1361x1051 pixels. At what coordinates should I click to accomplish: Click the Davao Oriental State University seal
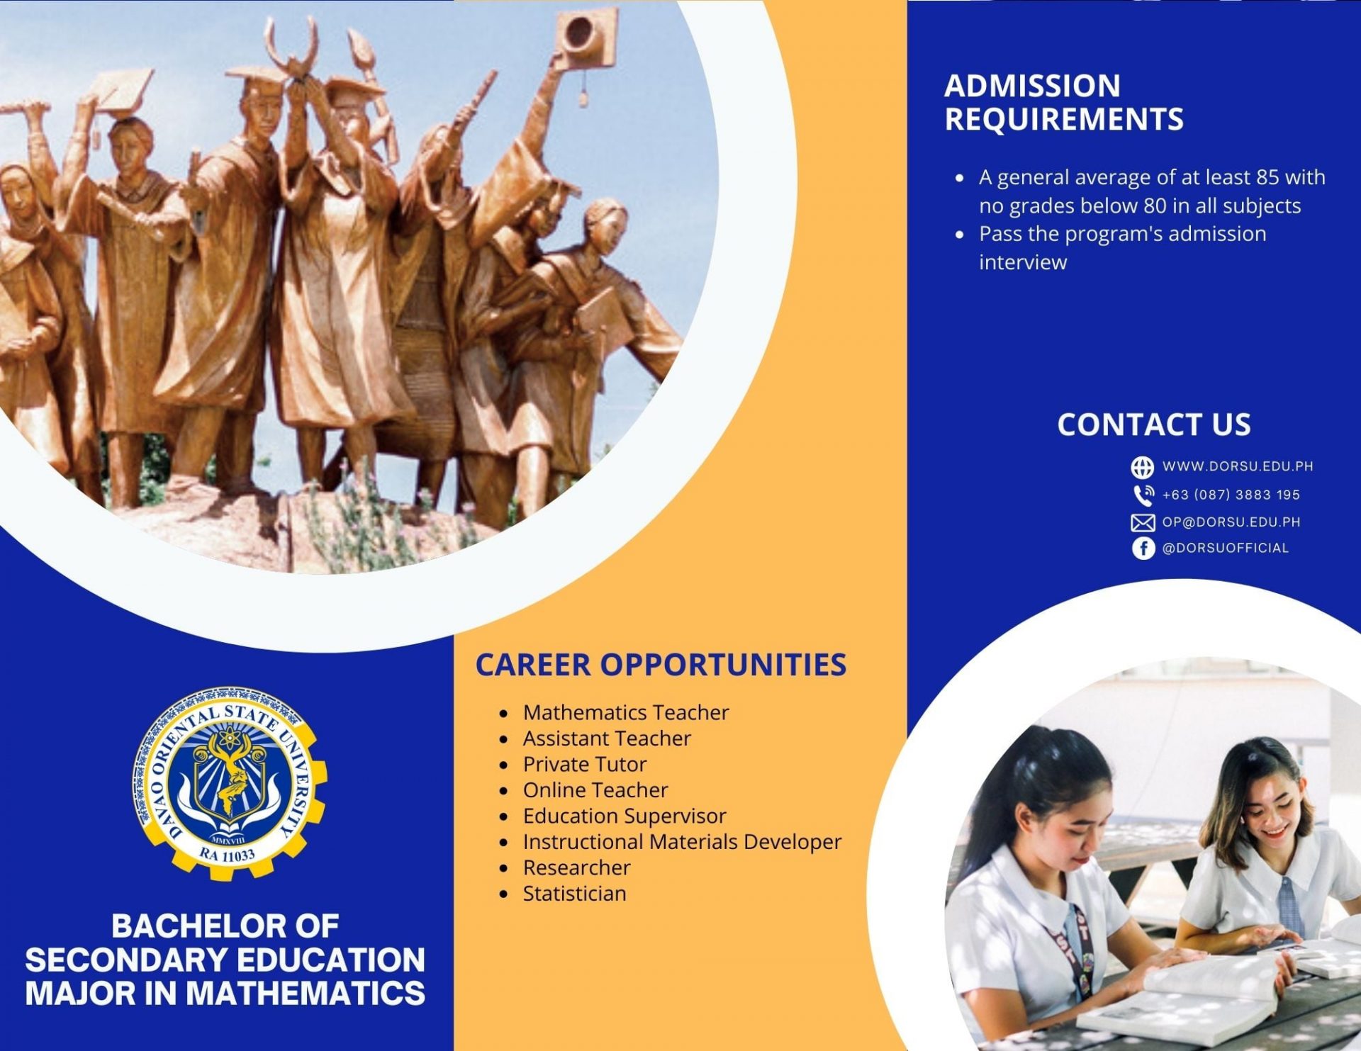230,783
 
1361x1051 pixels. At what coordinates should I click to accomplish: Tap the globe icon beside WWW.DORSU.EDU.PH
1142,468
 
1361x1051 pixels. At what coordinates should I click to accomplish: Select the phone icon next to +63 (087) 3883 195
1143,495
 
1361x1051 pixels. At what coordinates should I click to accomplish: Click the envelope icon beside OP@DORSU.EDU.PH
1143,523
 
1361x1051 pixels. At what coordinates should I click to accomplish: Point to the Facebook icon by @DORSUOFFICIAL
1143,548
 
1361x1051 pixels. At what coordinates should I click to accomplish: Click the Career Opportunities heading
661,665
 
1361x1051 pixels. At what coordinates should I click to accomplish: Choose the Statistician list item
575,894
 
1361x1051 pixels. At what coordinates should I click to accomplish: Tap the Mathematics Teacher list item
626,712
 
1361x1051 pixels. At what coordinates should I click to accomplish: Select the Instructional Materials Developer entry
682,842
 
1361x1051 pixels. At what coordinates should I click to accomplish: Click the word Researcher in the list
577,867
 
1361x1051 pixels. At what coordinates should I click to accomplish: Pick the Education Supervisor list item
625,816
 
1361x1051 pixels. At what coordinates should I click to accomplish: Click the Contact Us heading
1154,425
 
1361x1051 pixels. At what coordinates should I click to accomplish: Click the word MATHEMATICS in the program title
306,993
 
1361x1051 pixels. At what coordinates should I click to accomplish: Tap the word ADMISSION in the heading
1032,86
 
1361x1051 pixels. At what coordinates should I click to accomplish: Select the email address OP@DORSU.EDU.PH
1231,522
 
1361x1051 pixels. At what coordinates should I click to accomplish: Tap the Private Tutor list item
585,764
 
